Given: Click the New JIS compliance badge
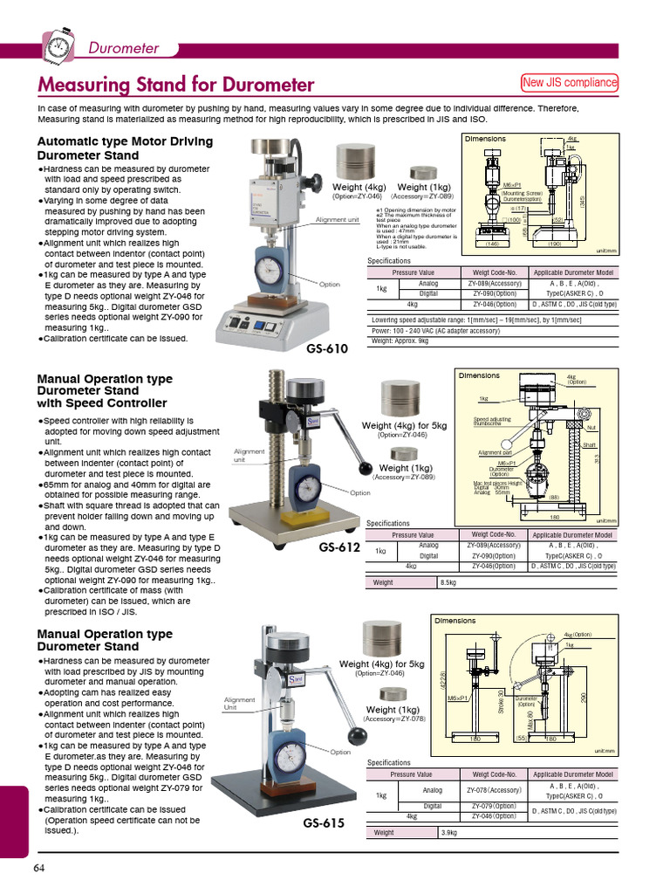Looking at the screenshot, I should pyautogui.click(x=569, y=83).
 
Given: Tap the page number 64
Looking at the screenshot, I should pyautogui.click(x=39, y=867).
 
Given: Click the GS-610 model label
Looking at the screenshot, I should pyautogui.click(x=327, y=349).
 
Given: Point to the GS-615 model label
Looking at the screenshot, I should pyautogui.click(x=324, y=822).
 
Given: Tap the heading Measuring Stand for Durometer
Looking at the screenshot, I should pyautogui.click(x=175, y=85).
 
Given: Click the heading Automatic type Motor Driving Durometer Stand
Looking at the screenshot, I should pyautogui.click(x=125, y=148).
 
